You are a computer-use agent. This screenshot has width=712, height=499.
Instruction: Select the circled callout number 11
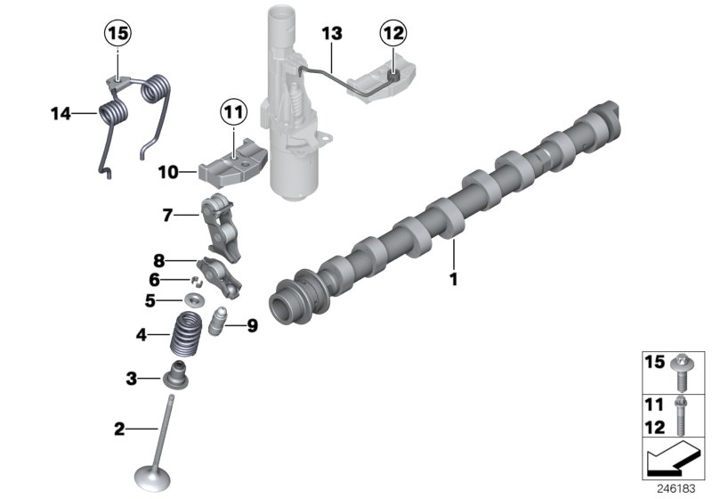[232, 112]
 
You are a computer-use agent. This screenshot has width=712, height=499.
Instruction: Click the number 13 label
[331, 34]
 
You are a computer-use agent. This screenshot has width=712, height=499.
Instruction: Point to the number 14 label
[60, 113]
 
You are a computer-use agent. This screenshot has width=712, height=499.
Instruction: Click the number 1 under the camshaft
[453, 279]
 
